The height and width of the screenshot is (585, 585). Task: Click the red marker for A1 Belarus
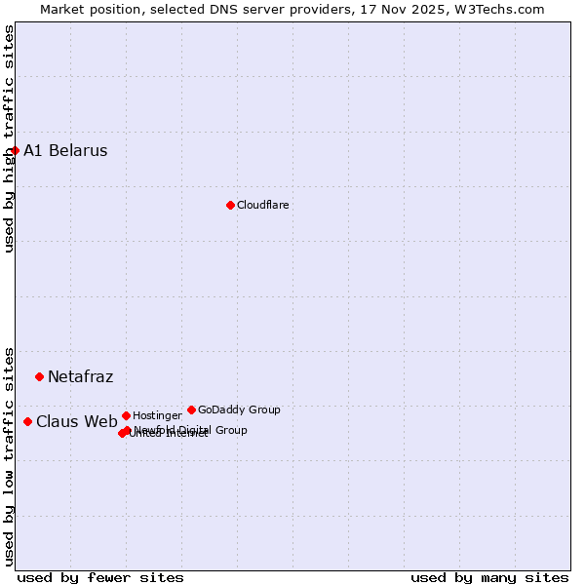(x=15, y=150)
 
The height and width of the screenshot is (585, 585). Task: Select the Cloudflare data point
(x=230, y=205)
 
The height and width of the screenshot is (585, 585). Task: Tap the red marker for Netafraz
(x=39, y=376)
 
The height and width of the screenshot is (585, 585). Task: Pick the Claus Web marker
(x=27, y=421)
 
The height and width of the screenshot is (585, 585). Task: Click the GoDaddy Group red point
(x=191, y=409)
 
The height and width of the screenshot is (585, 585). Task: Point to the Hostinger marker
(x=126, y=415)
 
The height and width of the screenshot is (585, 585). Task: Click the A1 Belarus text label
(x=65, y=150)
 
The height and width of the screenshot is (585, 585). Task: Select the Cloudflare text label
(x=262, y=205)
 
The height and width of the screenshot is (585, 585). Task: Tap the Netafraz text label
(x=80, y=376)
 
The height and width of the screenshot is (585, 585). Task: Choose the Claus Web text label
(x=76, y=421)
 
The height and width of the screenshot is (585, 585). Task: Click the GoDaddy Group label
(x=239, y=409)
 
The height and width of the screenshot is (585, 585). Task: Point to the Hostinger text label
(x=157, y=415)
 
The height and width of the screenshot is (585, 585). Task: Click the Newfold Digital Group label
(x=191, y=429)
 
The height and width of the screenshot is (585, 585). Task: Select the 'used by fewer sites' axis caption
(x=100, y=577)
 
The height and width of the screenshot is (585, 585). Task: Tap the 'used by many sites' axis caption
(x=489, y=577)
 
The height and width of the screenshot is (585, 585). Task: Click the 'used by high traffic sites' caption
(x=9, y=138)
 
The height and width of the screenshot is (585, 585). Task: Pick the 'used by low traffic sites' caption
(x=9, y=455)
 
